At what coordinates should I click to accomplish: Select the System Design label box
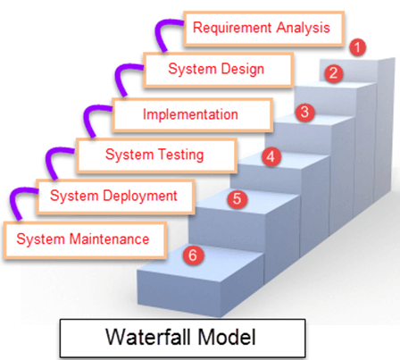click(216, 69)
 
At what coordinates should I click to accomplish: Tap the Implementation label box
click(191, 114)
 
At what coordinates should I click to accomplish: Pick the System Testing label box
click(154, 155)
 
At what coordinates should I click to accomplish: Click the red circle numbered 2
click(332, 73)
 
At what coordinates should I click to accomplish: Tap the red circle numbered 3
click(305, 113)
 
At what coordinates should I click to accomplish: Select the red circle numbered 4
click(271, 156)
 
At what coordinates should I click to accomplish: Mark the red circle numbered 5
click(236, 199)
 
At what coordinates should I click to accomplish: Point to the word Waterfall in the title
click(143, 338)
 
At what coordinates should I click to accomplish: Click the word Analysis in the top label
click(303, 28)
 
